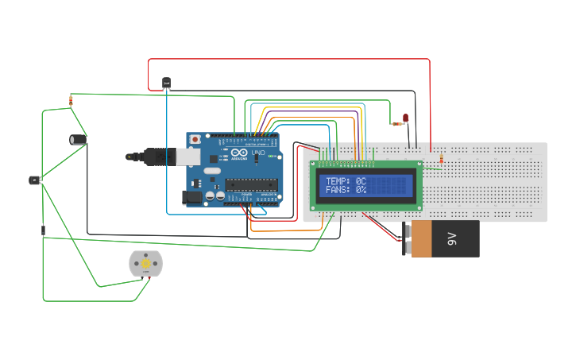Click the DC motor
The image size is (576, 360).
pos(145,264)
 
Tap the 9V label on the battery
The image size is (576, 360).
pos(452,238)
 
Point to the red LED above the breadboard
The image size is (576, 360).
pos(405,118)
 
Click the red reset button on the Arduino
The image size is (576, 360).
pos(195,140)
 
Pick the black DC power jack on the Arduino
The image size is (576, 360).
pos(191,197)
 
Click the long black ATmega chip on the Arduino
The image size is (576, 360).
pos(250,185)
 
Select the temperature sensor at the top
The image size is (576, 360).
pos(166,82)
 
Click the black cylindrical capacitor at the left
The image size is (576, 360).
pos(78,139)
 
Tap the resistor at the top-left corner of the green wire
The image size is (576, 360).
pos(72,100)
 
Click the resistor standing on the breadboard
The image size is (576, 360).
pos(441,160)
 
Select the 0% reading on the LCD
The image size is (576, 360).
pos(361,190)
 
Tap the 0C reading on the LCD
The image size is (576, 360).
pos(361,181)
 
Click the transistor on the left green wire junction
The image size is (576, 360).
pos(35,180)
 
